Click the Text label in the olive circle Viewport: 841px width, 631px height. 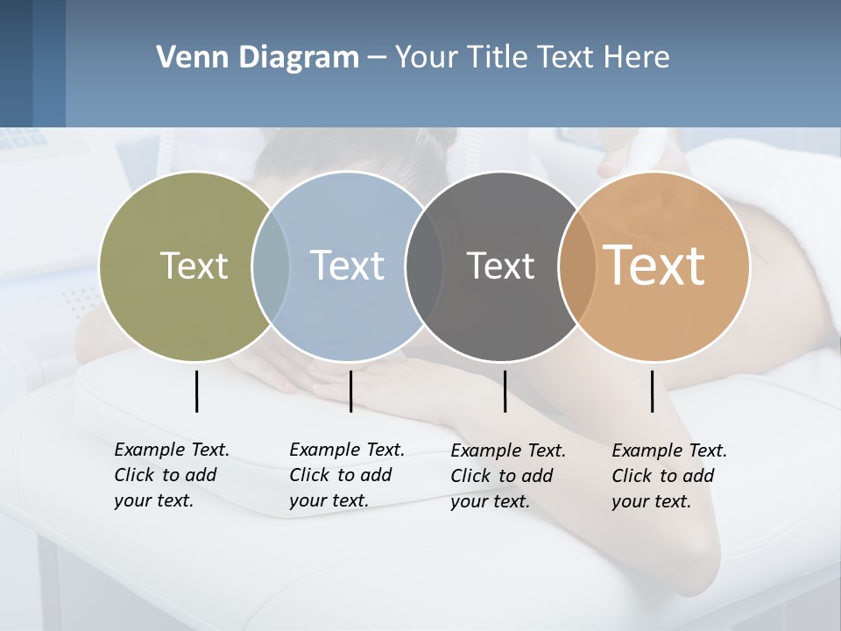point(194,266)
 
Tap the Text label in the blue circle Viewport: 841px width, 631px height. point(347,266)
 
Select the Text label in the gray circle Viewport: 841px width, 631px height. point(500,266)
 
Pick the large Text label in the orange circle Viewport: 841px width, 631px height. point(654,266)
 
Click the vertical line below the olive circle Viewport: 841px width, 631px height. point(196,391)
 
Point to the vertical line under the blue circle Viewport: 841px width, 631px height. point(350,391)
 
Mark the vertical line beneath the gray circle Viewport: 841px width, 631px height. point(505,391)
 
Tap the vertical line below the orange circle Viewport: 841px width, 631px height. point(652,391)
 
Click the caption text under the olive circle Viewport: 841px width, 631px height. point(171,475)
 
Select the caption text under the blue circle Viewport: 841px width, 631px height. point(346,475)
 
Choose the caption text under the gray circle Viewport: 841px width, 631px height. point(507,476)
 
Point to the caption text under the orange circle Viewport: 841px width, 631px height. point(668,476)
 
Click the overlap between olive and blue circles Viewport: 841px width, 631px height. point(271,266)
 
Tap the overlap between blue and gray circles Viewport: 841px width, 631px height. point(424,266)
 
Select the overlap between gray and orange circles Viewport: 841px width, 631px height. point(577,266)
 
